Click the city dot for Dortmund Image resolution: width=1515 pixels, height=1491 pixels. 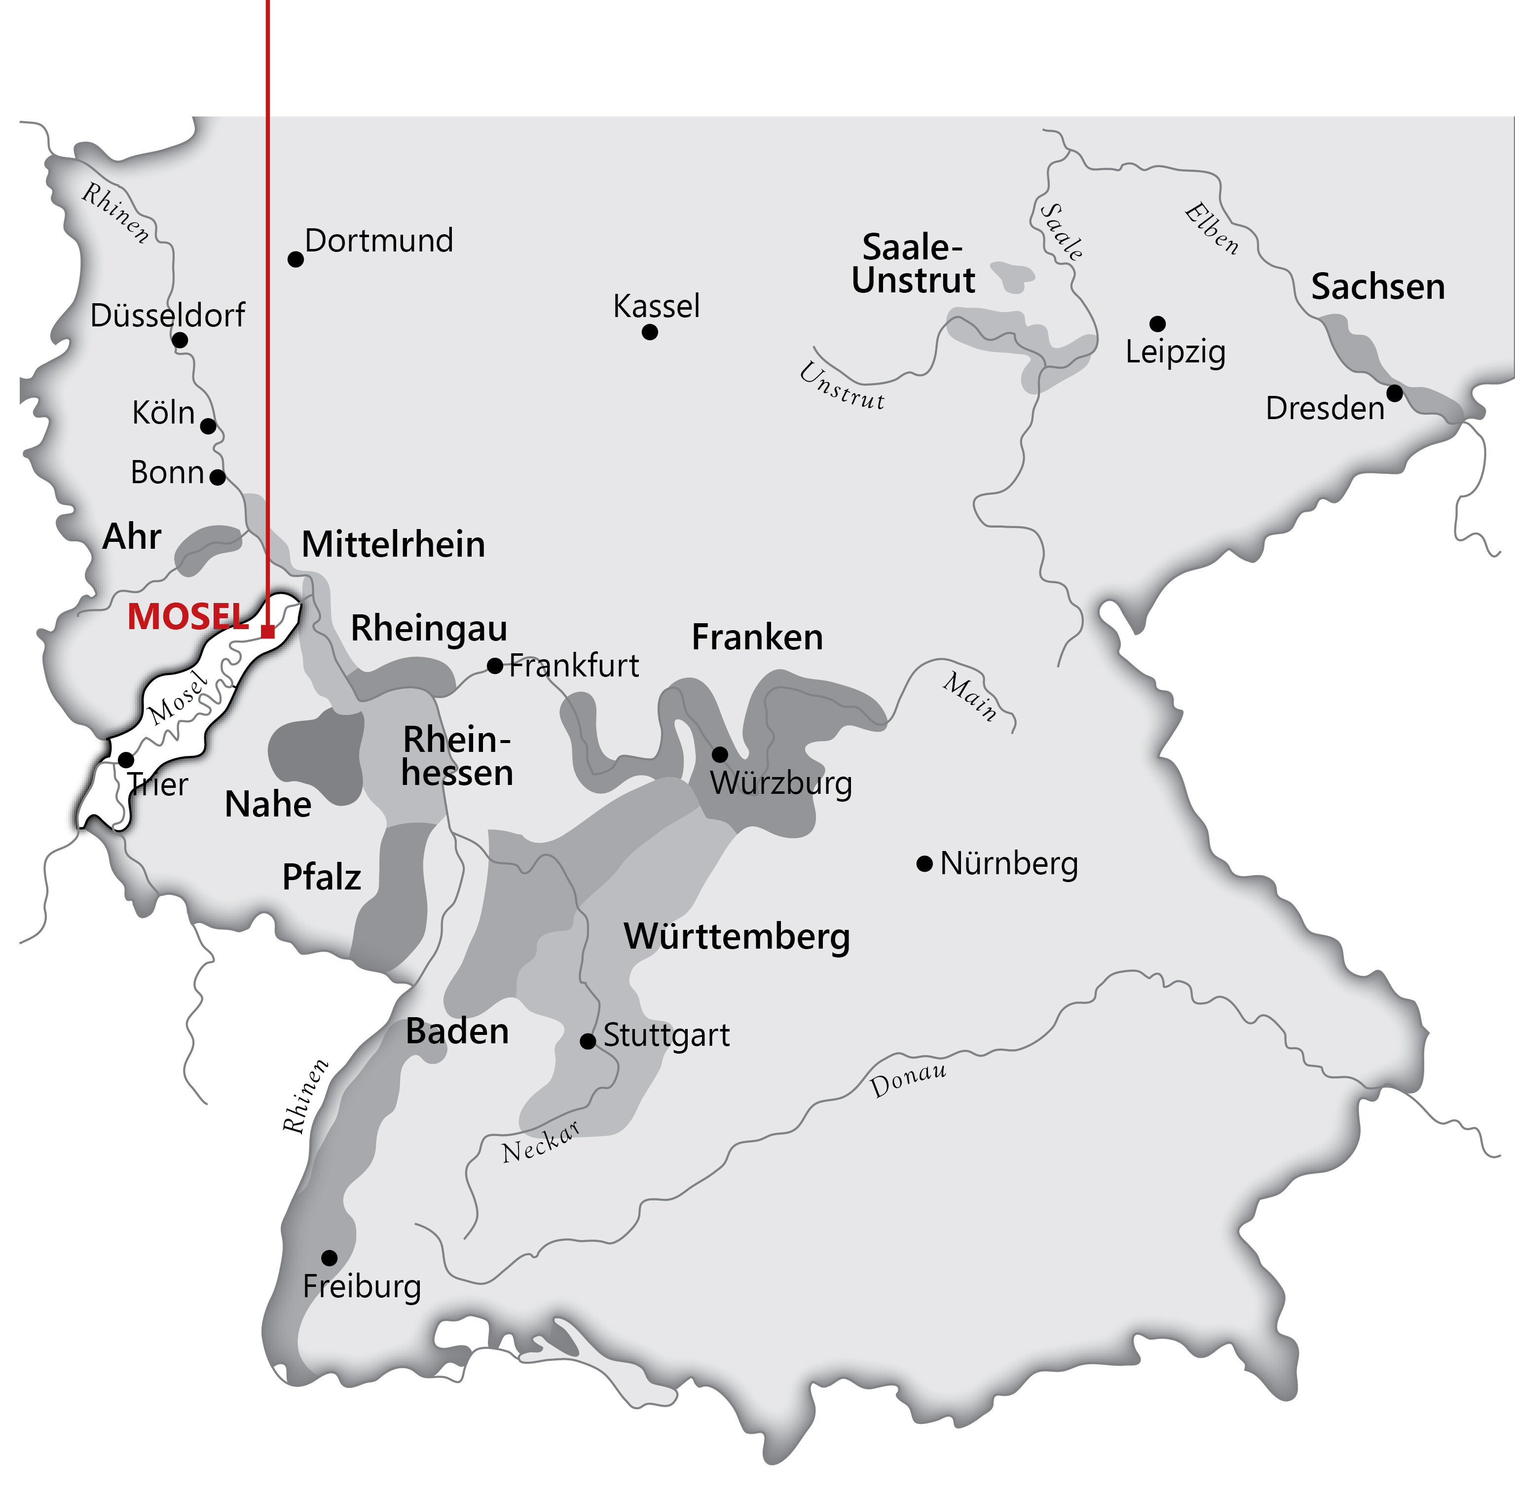296,259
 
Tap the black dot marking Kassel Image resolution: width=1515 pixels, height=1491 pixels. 649,332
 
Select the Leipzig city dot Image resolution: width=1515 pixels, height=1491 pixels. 1157,323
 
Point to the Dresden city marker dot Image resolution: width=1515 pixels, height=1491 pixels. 1394,393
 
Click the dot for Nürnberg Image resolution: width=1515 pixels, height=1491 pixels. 924,864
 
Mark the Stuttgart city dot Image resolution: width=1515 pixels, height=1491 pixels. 588,1041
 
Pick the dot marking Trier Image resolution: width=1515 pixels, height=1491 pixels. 125,760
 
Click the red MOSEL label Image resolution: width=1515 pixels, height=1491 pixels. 187,617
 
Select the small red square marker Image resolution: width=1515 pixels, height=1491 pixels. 268,631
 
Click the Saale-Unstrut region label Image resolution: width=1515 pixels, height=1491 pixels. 913,264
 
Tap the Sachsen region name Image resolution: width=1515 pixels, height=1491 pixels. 1378,286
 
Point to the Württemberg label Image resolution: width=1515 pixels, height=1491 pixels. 737,937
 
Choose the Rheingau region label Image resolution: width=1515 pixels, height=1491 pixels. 429,628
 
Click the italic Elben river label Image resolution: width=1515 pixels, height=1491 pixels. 1211,229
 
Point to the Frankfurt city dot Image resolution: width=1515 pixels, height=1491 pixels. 495,666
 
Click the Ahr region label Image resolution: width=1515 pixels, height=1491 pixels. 132,537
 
